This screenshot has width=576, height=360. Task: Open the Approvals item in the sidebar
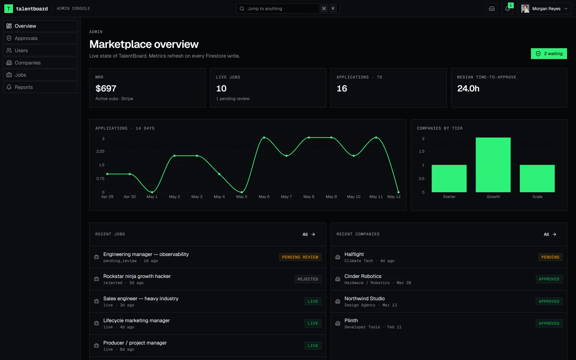tap(40, 38)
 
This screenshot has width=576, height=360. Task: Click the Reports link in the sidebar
tap(40, 87)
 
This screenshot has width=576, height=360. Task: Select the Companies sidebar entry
tap(40, 63)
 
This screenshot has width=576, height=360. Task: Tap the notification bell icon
tap(507, 9)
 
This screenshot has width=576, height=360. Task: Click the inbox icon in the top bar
tap(492, 9)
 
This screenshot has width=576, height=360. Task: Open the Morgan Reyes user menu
tap(544, 9)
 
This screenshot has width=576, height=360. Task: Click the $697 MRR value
tap(106, 89)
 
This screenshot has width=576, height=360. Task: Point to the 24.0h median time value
tap(468, 89)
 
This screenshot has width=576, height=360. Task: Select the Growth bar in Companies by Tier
tap(493, 165)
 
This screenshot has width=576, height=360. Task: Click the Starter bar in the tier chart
tap(449, 179)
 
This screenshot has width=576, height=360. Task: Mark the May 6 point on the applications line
tap(264, 138)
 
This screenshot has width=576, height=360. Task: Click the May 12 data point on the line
tap(398, 192)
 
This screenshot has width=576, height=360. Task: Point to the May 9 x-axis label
tap(331, 197)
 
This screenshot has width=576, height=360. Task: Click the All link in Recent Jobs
tap(309, 234)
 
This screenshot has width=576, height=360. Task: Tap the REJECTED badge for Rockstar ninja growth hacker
tap(308, 279)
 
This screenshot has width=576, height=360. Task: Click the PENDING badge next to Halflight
tap(550, 257)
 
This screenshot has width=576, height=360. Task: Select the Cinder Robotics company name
tap(363, 276)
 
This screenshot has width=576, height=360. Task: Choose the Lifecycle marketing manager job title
tap(136, 320)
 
